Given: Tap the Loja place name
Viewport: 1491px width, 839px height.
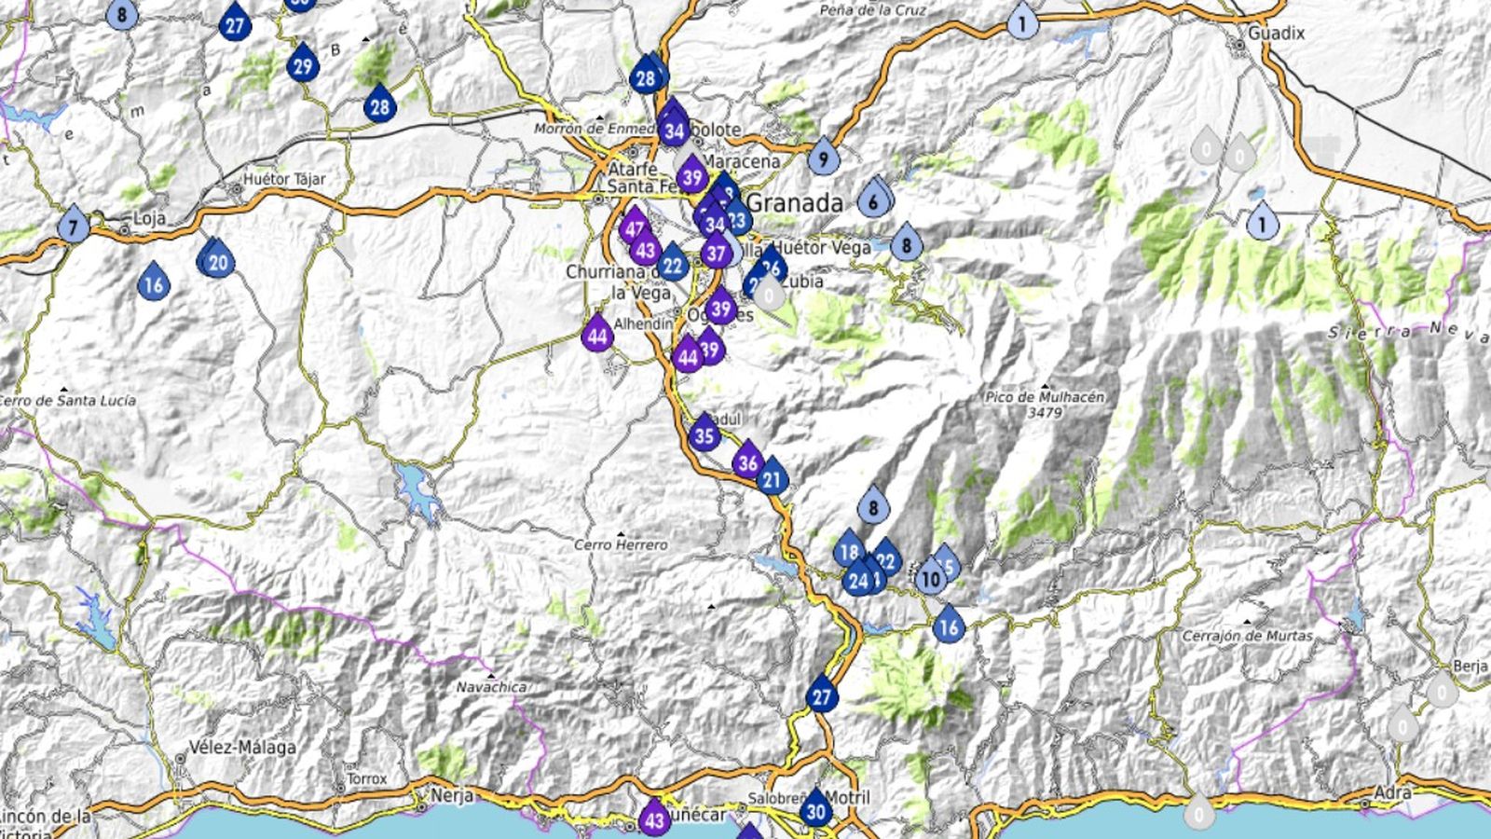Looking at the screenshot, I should click(x=149, y=219).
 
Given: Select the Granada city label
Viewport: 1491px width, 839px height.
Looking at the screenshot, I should click(x=795, y=202).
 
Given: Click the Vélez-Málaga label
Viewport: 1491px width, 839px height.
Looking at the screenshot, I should click(x=242, y=747).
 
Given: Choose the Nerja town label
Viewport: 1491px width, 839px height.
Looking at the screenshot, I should click(x=452, y=796).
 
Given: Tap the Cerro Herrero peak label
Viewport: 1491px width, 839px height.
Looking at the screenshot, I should click(x=621, y=544).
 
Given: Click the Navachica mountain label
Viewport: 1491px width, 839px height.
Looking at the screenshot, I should click(x=491, y=687).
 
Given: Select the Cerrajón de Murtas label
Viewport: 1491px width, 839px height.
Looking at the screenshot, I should click(x=1247, y=636).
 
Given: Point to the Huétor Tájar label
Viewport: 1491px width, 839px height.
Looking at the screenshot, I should click(x=283, y=179).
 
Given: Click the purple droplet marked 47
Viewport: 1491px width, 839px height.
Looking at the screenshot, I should click(x=635, y=228).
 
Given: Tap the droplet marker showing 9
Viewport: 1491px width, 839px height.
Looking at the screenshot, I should click(x=823, y=158).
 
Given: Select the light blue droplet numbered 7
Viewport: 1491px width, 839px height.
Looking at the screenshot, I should click(x=73, y=226).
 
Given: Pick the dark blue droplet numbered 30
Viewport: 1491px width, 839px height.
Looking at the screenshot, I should click(x=816, y=810).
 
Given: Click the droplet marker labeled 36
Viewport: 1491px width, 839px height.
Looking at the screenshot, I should click(x=746, y=461).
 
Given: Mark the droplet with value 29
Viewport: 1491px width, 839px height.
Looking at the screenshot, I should click(x=302, y=66).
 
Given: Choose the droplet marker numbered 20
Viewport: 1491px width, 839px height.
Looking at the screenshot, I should click(x=218, y=262).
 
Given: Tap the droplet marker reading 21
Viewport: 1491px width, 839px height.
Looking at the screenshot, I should click(x=772, y=480).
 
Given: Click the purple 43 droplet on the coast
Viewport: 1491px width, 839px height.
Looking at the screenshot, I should click(x=654, y=819).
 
